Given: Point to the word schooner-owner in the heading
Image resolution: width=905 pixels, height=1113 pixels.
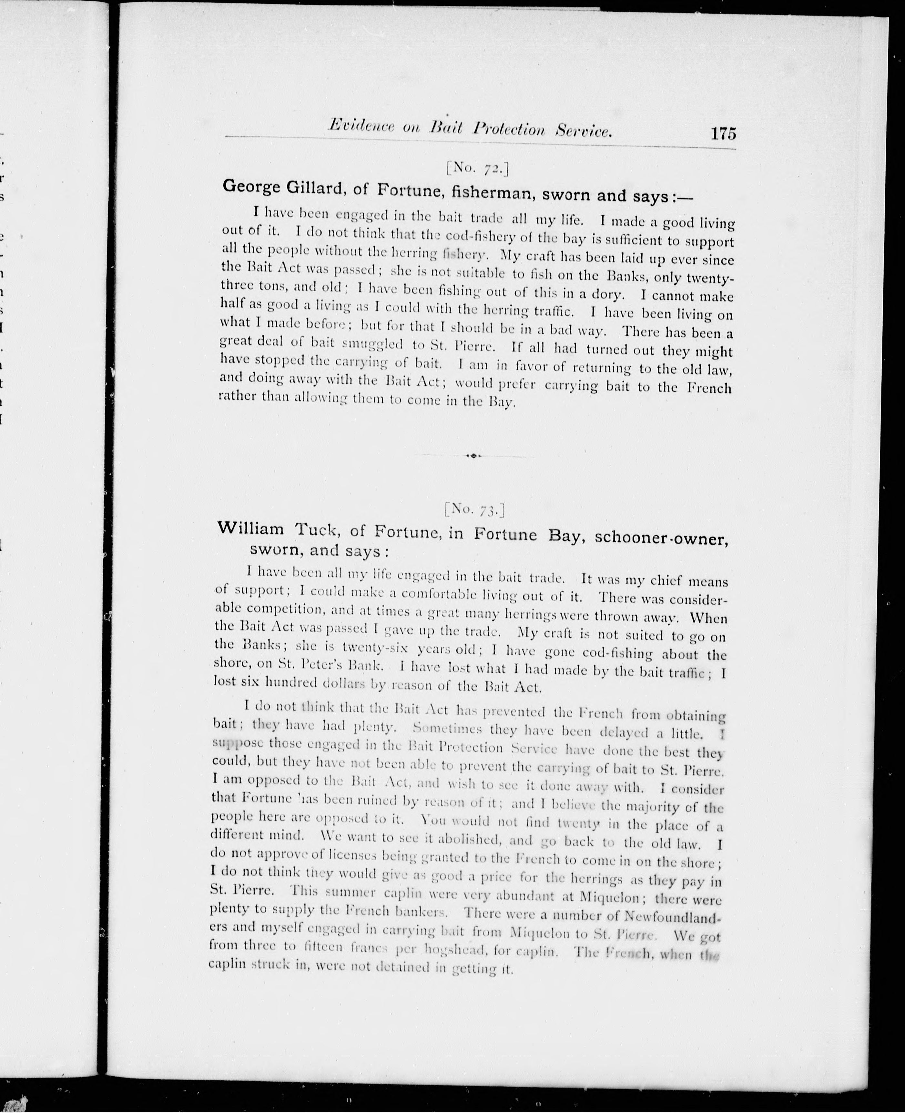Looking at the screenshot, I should [x=661, y=538].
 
